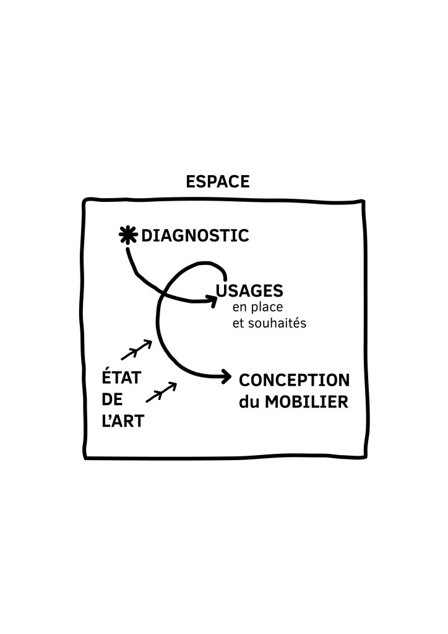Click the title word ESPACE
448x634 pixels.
[217, 182]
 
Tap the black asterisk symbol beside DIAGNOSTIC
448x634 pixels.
[127, 235]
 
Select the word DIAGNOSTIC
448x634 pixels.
[195, 235]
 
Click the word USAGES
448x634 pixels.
[250, 290]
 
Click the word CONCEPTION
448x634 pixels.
[294, 380]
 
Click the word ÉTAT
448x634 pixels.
[122, 378]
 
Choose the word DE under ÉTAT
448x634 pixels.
[113, 400]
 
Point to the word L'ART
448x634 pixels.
[123, 422]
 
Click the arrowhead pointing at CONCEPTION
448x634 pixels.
[226, 376]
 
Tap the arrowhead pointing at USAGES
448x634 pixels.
[212, 301]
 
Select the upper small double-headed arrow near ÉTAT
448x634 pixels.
[136, 350]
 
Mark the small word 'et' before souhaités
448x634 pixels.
[238, 323]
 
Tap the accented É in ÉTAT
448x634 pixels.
[108, 377]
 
